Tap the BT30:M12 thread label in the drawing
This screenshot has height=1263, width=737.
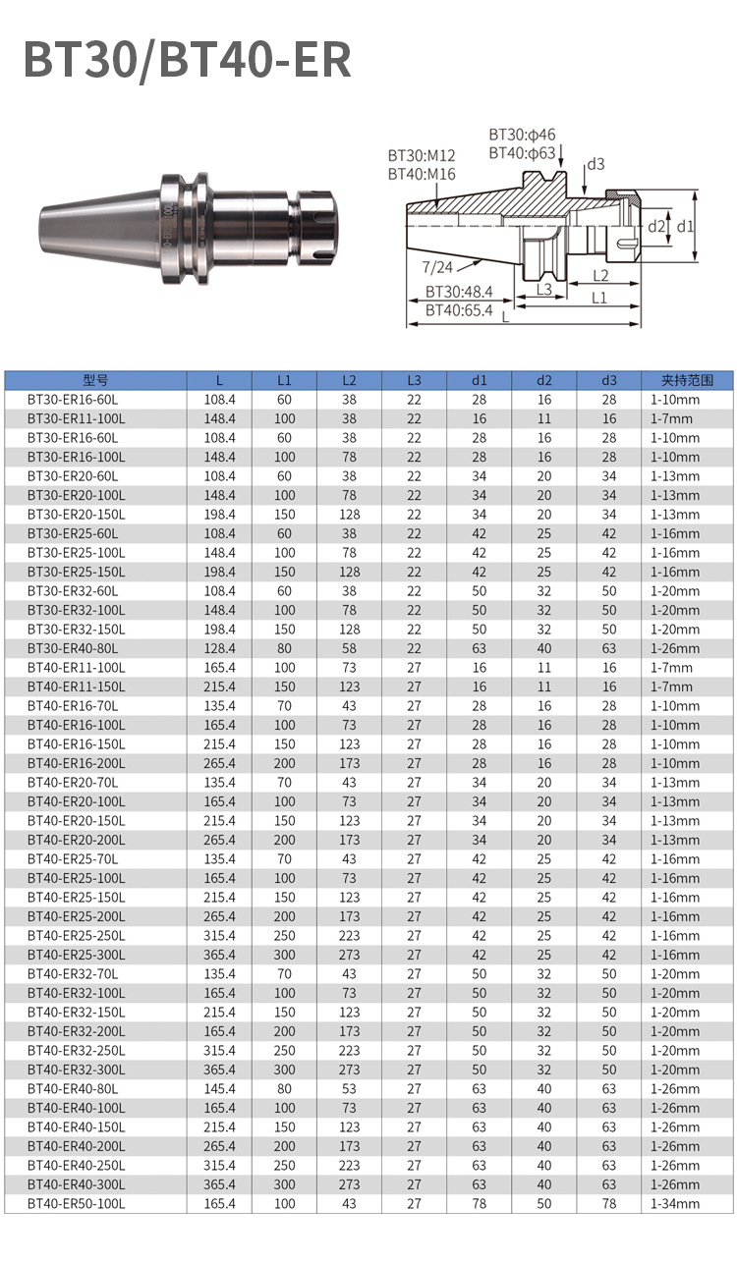coord(422,156)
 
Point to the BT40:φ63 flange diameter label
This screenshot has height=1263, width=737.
coord(522,153)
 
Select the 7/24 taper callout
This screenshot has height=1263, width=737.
coord(437,266)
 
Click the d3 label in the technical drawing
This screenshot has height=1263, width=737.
coord(595,164)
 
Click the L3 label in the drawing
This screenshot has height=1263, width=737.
coord(542,290)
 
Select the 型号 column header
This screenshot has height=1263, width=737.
coord(95,380)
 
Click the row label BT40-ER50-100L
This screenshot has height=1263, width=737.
coord(77,1203)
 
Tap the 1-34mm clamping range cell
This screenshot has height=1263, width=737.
coord(674,1203)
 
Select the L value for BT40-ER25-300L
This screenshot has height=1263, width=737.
coord(219,955)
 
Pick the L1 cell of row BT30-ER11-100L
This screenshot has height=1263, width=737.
coord(284,418)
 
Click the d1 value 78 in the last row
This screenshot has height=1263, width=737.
coord(479,1203)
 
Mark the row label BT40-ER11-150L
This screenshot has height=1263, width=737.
coord(77,686)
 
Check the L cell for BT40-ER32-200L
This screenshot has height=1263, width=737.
coord(219,1031)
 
